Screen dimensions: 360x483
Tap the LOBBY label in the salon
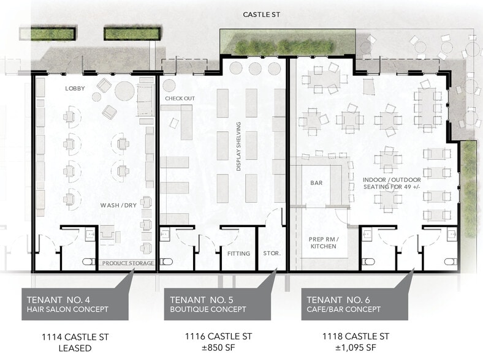click(75, 88)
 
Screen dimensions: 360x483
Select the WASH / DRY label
click(118, 205)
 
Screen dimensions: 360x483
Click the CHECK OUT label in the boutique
click(180, 99)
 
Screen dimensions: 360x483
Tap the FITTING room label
click(238, 253)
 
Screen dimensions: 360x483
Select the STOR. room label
click(271, 253)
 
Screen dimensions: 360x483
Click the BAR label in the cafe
click(317, 182)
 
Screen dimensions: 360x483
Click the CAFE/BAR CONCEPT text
click(344, 309)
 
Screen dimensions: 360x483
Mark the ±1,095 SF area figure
click(356, 348)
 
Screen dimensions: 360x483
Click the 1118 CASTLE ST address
click(356, 337)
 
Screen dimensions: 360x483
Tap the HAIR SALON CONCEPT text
click(67, 309)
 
